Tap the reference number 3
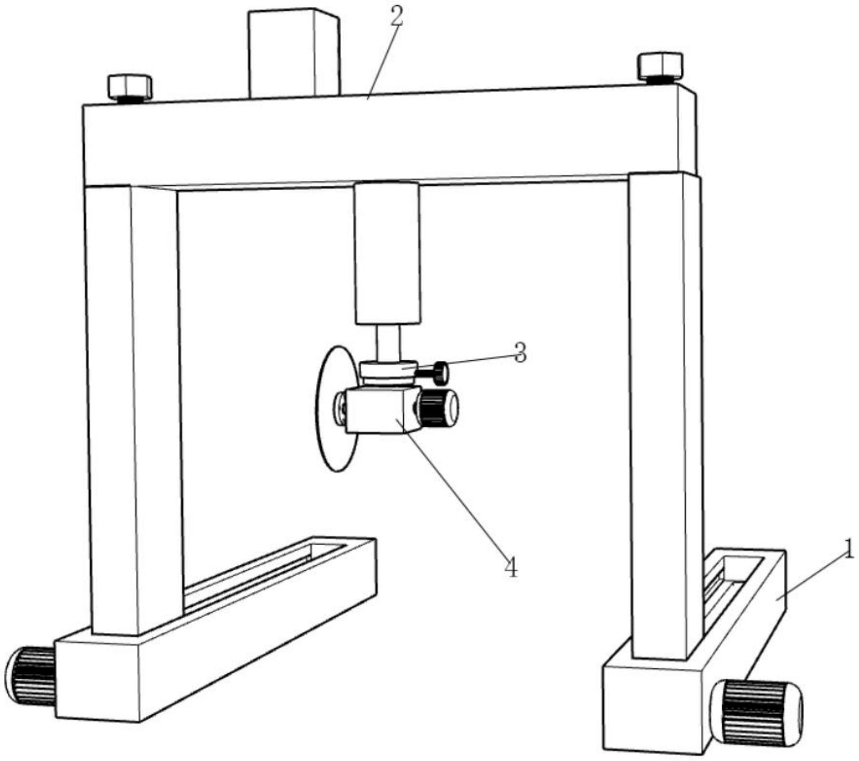[x=520, y=353]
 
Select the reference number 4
[x=511, y=567]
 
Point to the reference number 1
[x=849, y=550]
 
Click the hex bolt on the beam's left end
[x=130, y=87]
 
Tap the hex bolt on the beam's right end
[x=660, y=66]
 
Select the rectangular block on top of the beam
[x=293, y=53]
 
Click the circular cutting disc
[x=328, y=433]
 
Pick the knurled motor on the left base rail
[x=30, y=675]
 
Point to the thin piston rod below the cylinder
[x=388, y=343]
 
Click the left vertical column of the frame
[x=132, y=409]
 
